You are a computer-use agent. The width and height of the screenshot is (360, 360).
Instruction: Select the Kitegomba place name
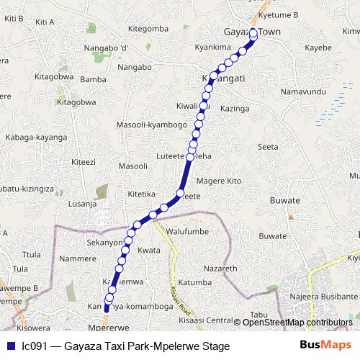coord(147,29)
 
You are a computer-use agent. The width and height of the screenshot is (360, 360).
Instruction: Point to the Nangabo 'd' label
coord(105,48)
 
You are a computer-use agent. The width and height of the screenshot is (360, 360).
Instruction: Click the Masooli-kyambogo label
coord(152,125)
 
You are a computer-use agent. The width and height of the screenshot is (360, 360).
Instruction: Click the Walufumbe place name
coord(186,231)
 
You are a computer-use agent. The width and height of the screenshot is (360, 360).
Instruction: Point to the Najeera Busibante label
coord(318,296)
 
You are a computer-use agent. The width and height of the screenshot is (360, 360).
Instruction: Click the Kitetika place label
coord(141,194)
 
